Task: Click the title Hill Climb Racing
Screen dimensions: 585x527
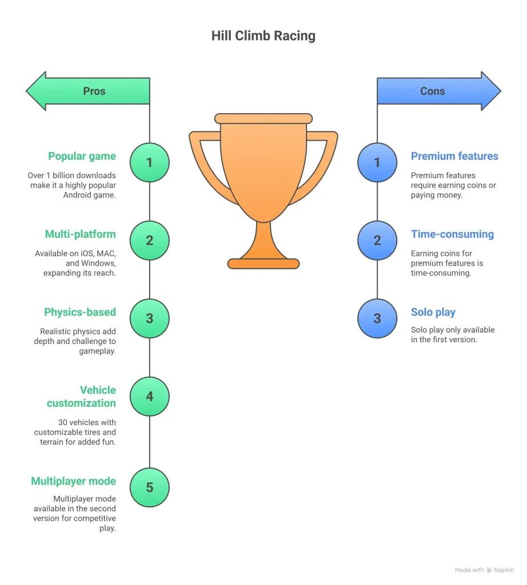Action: [263, 36]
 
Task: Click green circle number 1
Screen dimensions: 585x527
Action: [150, 162]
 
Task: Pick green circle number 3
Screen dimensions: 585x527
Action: [150, 318]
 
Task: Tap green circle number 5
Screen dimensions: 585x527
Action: [150, 487]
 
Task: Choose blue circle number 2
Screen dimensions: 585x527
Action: [377, 240]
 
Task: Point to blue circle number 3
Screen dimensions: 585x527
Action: [377, 318]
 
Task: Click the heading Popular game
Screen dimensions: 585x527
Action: [82, 156]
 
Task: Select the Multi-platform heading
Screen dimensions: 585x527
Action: [80, 234]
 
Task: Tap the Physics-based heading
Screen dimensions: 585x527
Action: [80, 312]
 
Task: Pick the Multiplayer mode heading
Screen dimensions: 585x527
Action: [73, 481]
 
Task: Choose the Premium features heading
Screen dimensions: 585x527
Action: [454, 156]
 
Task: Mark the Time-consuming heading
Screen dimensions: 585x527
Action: [452, 234]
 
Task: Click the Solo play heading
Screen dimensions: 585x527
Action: [433, 312]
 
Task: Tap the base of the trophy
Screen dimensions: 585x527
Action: [263, 263]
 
